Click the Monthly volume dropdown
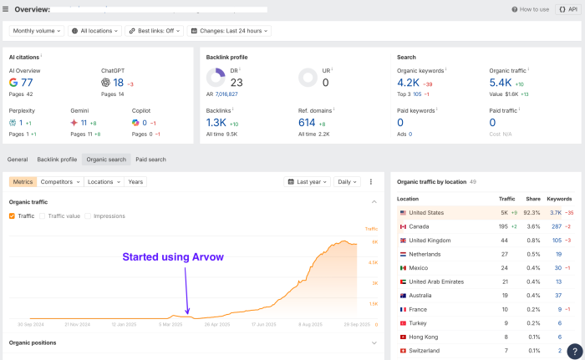(38, 31)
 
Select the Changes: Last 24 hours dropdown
(230, 31)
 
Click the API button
(568, 9)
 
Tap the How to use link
(530, 9)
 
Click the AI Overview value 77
(28, 83)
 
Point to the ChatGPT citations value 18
(118, 83)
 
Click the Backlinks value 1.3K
(216, 122)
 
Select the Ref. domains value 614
(307, 122)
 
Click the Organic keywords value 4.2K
(408, 83)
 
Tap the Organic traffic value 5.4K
(500, 83)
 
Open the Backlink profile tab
(57, 159)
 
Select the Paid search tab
(150, 159)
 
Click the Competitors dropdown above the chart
(59, 181)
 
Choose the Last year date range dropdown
(307, 181)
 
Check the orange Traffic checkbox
(12, 215)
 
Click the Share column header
(532, 199)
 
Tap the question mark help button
(573, 351)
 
